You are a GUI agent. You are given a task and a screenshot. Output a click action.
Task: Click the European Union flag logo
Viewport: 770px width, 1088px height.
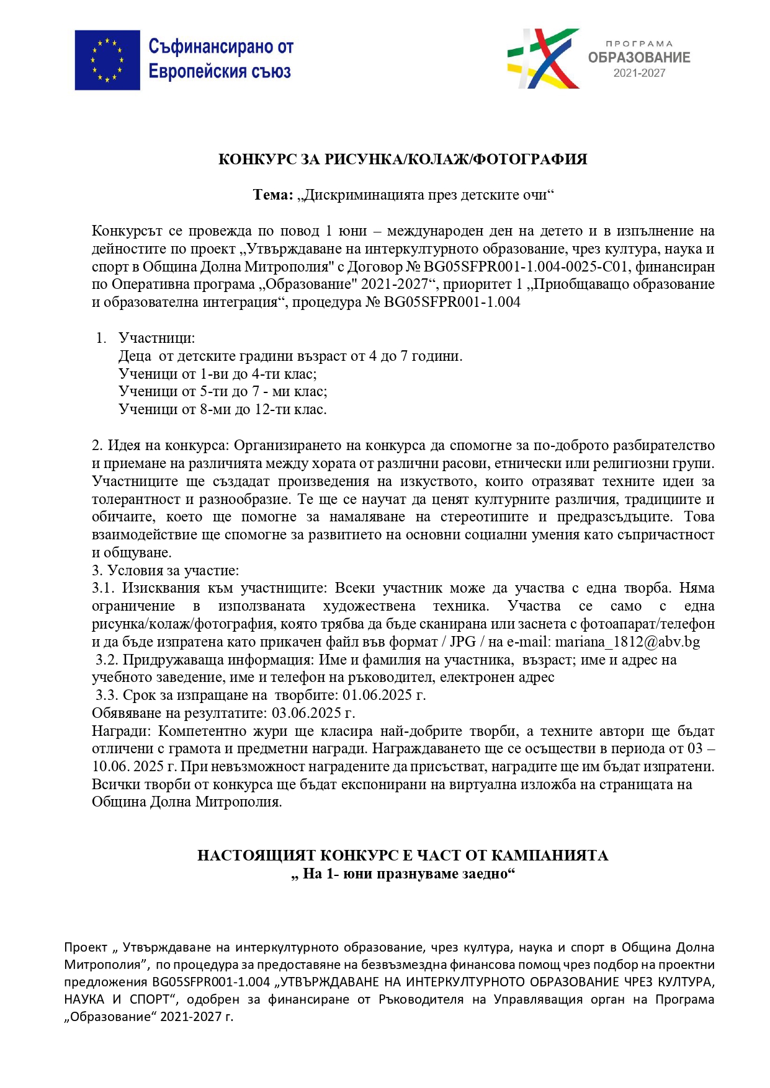(x=107, y=60)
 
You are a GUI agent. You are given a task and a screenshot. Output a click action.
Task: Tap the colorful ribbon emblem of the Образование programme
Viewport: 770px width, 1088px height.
(x=543, y=58)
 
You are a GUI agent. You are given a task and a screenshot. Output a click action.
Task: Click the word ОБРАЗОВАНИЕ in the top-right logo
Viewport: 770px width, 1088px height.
(x=638, y=58)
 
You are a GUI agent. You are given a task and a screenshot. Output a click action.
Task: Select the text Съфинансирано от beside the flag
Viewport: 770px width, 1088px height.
(x=220, y=46)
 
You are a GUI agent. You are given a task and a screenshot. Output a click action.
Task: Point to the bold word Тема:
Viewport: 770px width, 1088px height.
(x=273, y=195)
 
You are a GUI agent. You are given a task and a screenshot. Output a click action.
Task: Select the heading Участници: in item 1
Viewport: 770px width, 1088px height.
(x=156, y=338)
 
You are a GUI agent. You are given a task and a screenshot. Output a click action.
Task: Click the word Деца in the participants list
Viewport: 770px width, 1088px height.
(x=135, y=356)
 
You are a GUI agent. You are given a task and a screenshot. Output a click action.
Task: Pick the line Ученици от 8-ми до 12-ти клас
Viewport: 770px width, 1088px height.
(x=222, y=409)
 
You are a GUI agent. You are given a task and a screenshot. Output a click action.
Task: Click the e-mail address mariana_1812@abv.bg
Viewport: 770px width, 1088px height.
(x=627, y=642)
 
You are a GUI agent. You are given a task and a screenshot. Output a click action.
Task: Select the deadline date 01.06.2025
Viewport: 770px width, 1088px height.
(x=378, y=695)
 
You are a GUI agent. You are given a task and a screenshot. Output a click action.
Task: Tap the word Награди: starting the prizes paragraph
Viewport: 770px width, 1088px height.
(x=120, y=731)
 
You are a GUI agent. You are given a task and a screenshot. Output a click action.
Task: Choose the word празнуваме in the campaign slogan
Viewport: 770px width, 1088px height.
(x=418, y=873)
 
